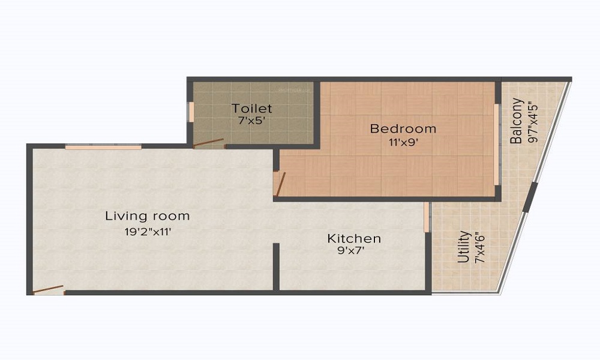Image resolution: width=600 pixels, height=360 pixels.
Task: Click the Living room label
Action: (x=147, y=215)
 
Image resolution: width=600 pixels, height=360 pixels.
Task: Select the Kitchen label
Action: (x=353, y=239)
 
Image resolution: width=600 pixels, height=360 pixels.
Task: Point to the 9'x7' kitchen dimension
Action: (x=353, y=251)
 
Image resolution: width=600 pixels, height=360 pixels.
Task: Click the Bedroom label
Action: (x=403, y=128)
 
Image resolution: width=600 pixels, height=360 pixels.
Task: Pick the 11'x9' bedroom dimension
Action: (x=403, y=142)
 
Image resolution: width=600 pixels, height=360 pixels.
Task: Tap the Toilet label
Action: (x=252, y=109)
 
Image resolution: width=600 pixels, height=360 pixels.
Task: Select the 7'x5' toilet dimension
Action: (x=252, y=120)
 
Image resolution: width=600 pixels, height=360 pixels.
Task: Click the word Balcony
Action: (x=517, y=121)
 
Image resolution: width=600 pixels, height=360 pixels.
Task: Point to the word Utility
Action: (x=463, y=247)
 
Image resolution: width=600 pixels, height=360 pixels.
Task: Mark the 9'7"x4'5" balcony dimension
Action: (x=531, y=121)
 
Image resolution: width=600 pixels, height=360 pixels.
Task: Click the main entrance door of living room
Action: (x=48, y=290)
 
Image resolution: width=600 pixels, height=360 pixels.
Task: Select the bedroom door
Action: (x=280, y=184)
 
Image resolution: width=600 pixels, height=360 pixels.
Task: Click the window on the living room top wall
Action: (x=103, y=146)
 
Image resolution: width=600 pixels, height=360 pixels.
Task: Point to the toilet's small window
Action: (x=191, y=112)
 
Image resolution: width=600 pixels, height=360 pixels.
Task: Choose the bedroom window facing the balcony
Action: (x=496, y=144)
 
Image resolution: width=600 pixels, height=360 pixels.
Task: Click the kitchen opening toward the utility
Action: (x=427, y=217)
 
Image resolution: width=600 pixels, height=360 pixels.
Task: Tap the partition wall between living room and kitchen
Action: (x=276, y=266)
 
